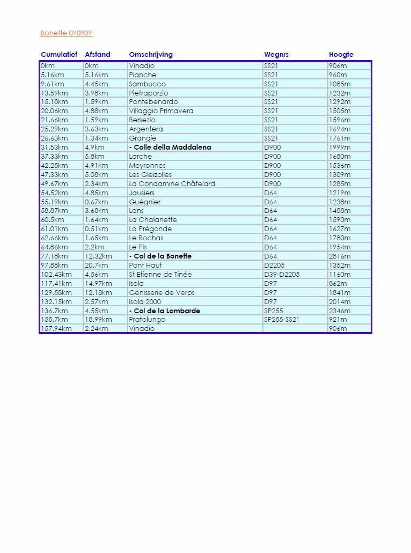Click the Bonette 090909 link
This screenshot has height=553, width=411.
point(66,33)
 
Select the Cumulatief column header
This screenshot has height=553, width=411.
point(59,55)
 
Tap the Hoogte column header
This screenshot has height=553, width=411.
point(341,55)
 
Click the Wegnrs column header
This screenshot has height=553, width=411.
point(276,55)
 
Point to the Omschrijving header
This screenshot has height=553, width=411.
point(151,55)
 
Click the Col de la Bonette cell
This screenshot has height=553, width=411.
point(160,256)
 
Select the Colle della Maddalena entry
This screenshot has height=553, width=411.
point(170,148)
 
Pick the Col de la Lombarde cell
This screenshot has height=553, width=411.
point(165,311)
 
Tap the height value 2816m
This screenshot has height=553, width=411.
point(340,256)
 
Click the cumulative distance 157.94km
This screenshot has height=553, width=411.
point(56,329)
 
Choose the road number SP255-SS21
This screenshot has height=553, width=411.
point(282,320)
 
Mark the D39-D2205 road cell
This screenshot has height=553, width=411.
point(282,275)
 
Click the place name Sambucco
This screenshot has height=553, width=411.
point(147,84)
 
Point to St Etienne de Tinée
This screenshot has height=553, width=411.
point(160,275)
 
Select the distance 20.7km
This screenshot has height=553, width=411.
point(96,266)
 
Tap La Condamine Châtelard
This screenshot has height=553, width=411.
point(172,184)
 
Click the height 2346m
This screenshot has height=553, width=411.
point(340,311)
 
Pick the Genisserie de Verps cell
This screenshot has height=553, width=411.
point(162,293)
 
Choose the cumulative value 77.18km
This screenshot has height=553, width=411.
point(54,256)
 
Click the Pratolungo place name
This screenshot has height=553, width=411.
point(147,320)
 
